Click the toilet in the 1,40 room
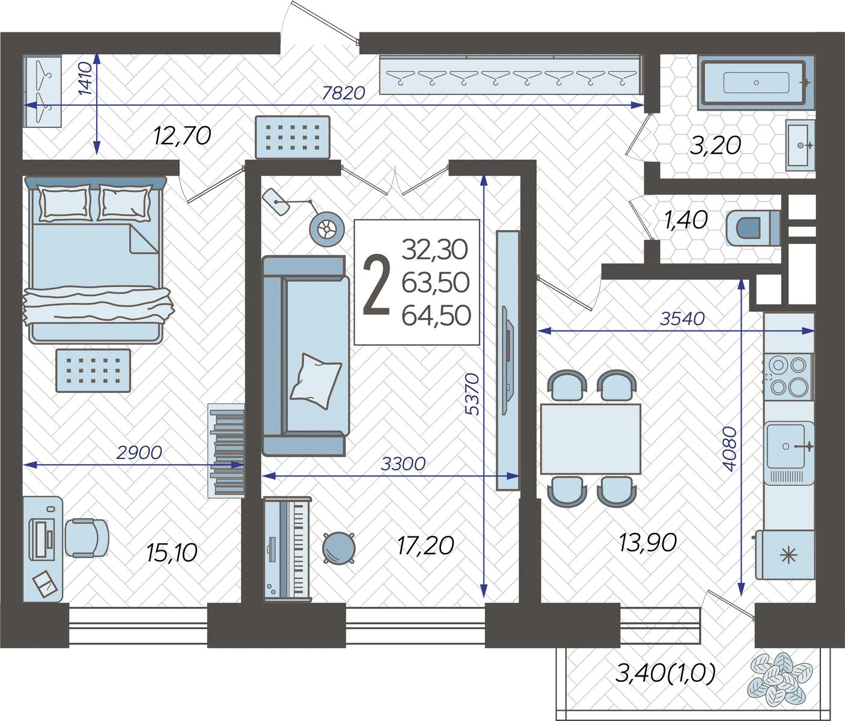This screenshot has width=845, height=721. click(752, 228)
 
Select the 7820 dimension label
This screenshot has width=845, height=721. click(343, 93)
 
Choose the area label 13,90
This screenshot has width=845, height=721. click(648, 543)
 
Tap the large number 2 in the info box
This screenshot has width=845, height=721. click(376, 284)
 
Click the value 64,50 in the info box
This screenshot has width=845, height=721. click(436, 316)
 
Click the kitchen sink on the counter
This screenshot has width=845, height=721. click(789, 446)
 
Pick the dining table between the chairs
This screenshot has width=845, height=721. click(590, 439)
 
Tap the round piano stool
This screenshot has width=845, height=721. click(338, 548)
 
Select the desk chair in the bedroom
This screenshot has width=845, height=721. click(87, 538)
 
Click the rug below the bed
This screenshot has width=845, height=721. click(93, 371)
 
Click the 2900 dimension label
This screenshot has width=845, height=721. click(139, 452)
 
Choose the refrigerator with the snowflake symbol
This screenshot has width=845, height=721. click(785, 555)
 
